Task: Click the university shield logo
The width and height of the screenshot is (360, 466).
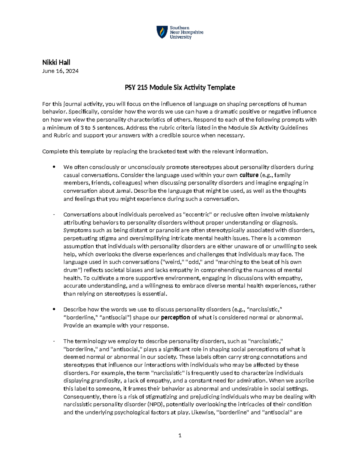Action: (162, 32)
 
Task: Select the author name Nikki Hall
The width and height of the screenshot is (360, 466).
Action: (56, 62)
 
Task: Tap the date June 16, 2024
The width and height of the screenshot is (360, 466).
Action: (60, 71)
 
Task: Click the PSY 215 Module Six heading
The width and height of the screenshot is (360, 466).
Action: (180, 88)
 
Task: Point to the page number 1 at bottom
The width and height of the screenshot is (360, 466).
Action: (180, 435)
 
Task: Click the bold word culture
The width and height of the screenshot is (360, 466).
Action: (249, 175)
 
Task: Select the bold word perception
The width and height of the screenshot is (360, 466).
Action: (175, 317)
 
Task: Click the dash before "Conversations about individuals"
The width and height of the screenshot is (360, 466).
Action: (54, 215)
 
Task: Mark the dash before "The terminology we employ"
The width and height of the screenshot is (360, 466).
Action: (54, 341)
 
